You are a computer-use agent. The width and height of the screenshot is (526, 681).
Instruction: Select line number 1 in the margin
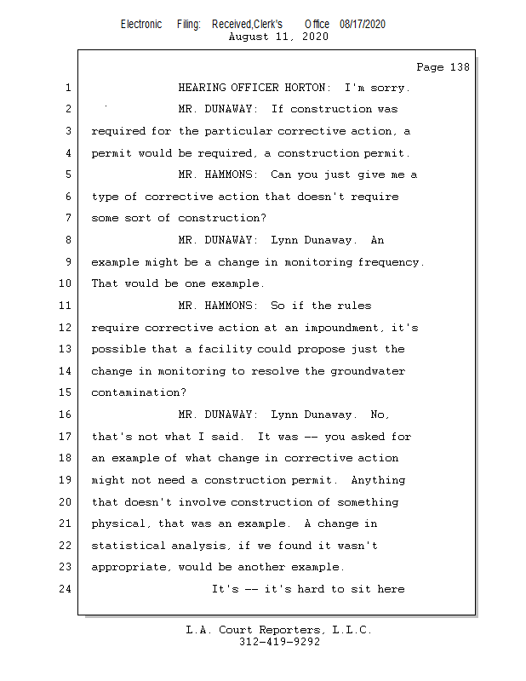[x=67, y=88]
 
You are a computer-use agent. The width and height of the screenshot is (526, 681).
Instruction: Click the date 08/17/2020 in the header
[x=362, y=24]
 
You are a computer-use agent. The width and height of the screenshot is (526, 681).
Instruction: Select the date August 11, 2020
[x=279, y=37]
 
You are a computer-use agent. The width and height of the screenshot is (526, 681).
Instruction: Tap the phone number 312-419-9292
[x=279, y=643]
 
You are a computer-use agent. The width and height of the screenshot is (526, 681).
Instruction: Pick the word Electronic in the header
[x=141, y=24]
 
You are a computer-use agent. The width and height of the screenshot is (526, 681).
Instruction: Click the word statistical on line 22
[x=128, y=546]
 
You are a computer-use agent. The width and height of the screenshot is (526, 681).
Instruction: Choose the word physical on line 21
[x=117, y=524]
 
